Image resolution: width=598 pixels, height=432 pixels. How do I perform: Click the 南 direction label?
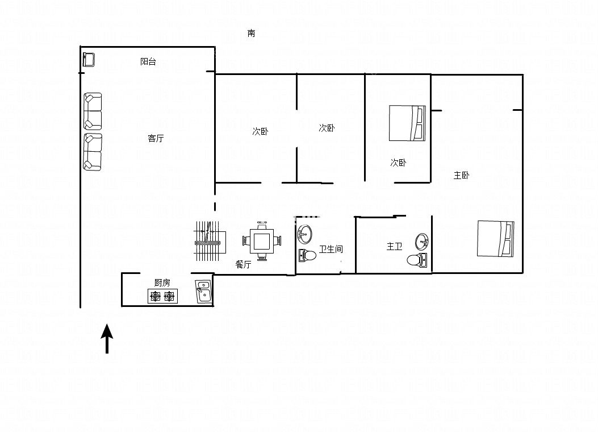251,33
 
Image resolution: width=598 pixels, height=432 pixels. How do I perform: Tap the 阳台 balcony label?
148,61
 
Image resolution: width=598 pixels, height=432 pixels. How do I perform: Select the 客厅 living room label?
156,138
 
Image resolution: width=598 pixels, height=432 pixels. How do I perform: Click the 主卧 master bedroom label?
461,175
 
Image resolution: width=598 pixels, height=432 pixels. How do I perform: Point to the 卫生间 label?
331,249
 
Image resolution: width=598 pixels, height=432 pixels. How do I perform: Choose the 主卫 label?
394,247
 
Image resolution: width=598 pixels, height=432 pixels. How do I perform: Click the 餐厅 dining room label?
243,264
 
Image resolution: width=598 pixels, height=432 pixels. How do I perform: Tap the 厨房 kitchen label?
162,283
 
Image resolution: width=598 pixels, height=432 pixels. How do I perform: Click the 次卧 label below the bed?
398,163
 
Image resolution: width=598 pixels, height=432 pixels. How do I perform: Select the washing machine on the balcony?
89,60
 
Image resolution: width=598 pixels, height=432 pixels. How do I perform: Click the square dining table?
261,241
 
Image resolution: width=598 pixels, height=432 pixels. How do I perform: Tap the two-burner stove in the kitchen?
162,296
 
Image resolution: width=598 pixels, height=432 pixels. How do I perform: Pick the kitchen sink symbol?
204,292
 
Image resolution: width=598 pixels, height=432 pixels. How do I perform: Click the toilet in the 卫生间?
307,255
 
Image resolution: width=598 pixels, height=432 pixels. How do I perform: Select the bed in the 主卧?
495,239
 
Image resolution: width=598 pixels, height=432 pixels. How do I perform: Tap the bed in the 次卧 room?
407,123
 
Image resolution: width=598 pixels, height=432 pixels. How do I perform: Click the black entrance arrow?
107,339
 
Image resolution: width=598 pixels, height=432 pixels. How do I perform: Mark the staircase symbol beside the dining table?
210,241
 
